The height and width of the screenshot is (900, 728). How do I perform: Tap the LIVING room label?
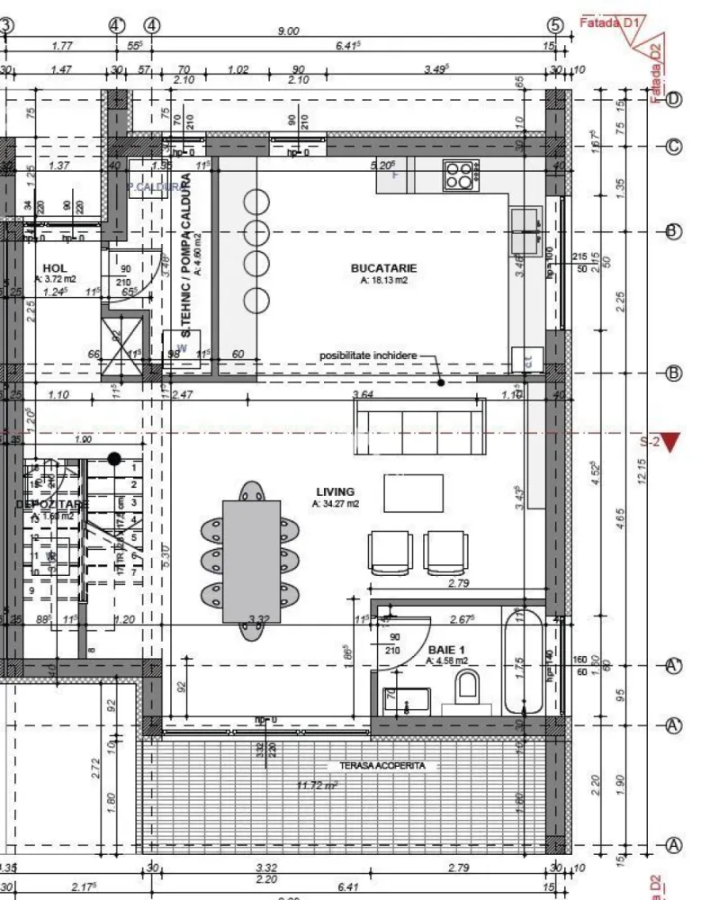click(x=335, y=491)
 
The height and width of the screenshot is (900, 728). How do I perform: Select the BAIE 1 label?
click(x=447, y=649)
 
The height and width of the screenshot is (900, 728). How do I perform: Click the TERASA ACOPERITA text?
click(x=382, y=766)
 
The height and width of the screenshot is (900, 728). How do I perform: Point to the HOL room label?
click(x=56, y=268)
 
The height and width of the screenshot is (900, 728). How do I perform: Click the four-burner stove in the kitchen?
click(x=460, y=175)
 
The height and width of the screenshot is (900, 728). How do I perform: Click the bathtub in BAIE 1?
click(x=523, y=661)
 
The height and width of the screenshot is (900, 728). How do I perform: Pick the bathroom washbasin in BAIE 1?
click(x=406, y=700)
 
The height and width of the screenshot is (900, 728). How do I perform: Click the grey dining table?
click(x=251, y=559)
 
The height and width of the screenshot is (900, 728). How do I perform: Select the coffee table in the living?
click(x=413, y=492)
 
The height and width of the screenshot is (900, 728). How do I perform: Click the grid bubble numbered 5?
click(x=555, y=25)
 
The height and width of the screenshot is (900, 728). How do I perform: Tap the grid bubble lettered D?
click(x=673, y=99)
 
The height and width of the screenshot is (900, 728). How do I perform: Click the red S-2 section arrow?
click(x=671, y=441)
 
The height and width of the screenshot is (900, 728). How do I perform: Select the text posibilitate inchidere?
click(x=368, y=355)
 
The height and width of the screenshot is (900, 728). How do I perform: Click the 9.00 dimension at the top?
click(x=288, y=31)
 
